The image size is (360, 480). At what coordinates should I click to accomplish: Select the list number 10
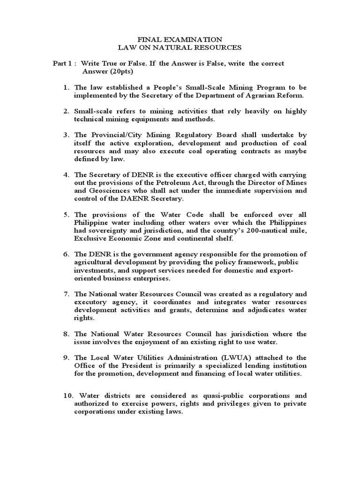[68, 396]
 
